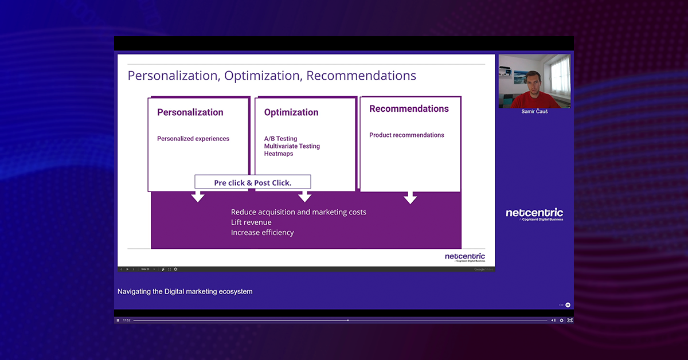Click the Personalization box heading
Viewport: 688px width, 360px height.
[x=190, y=112]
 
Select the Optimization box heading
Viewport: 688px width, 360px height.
[x=291, y=112]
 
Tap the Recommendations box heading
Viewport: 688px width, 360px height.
[x=409, y=109]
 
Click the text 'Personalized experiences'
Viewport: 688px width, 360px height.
[x=193, y=139]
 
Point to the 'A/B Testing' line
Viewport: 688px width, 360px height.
[x=280, y=139]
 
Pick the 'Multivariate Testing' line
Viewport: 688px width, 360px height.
[x=292, y=146]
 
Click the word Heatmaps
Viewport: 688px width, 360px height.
[x=279, y=154]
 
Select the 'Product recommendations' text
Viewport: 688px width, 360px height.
[x=406, y=135]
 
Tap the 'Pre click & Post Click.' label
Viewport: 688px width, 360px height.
[x=253, y=182]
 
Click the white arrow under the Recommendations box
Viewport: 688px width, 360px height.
[x=410, y=198]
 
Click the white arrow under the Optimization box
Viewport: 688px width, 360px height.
[x=305, y=197]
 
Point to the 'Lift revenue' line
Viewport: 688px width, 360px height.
[x=251, y=222]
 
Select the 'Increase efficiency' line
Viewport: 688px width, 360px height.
[x=262, y=233]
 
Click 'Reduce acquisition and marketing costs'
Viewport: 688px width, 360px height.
[x=298, y=212]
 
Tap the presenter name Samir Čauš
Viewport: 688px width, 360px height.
[x=534, y=112]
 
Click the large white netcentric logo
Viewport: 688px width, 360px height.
[x=534, y=213]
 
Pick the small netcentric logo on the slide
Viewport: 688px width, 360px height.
[x=464, y=257]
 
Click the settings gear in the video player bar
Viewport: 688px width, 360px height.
[x=561, y=320]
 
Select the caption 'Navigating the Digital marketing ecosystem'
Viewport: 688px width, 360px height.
[x=185, y=292]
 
